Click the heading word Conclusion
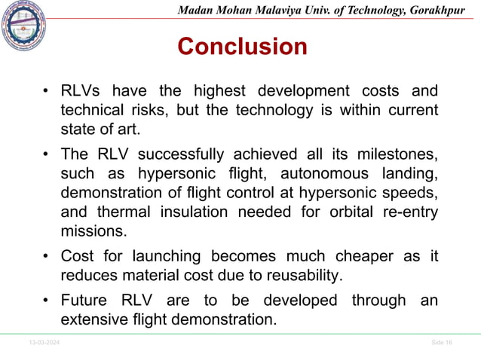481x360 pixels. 242,47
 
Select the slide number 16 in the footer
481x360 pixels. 449,343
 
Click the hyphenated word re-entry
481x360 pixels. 408,212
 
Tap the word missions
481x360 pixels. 91,231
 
